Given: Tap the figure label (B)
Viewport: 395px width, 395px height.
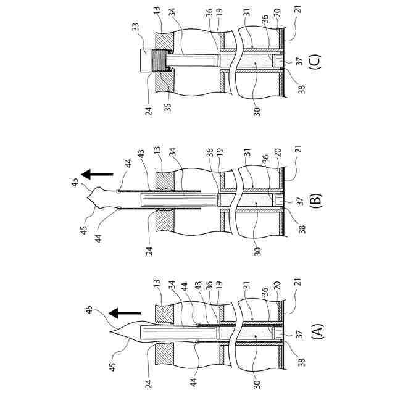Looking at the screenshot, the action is pyautogui.click(x=319, y=201).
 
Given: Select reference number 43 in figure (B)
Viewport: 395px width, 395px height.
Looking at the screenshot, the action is pyautogui.click(x=140, y=152).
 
